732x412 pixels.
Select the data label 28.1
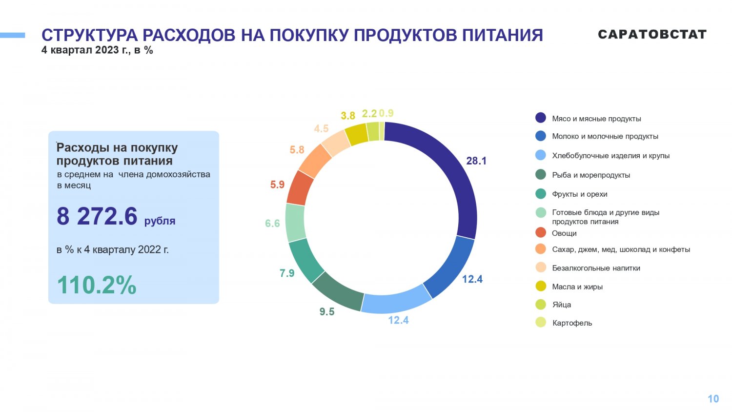[476, 161]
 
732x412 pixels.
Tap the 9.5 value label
[327, 311]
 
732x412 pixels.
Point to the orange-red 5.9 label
[277, 185]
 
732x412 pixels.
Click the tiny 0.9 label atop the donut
[386, 113]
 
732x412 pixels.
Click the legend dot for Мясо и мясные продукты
[541, 118]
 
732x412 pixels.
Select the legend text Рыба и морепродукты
[591, 175]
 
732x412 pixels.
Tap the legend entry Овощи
[564, 233]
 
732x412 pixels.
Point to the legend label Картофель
[572, 323]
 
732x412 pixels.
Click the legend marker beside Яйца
[541, 305]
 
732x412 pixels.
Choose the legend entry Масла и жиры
[577, 287]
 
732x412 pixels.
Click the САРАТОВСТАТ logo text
[652, 34]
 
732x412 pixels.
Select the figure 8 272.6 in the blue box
[97, 216]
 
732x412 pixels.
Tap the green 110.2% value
[97, 285]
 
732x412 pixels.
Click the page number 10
[713, 399]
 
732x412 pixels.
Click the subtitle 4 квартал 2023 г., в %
[97, 50]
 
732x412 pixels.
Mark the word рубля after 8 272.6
[160, 221]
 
